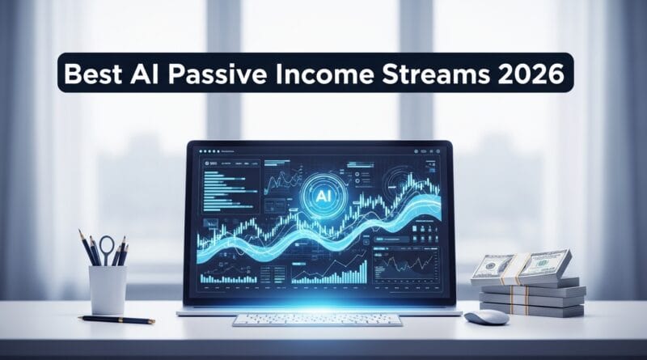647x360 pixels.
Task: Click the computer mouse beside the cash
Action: [487, 316]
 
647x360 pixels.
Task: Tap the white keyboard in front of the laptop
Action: [318, 319]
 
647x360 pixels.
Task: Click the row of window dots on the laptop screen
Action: [212, 151]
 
